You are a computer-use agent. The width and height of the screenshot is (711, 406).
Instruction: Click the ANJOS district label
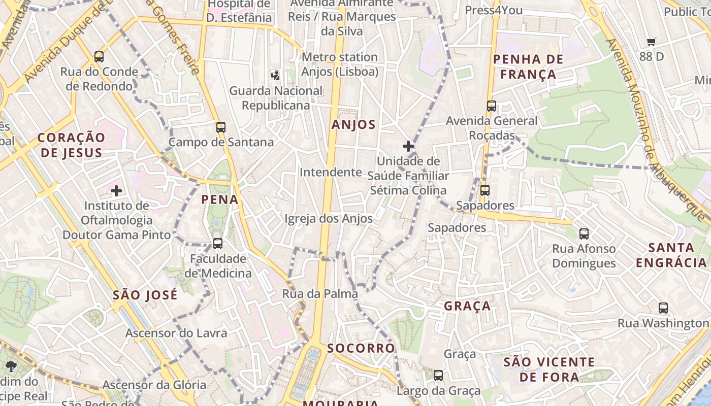pos(353,125)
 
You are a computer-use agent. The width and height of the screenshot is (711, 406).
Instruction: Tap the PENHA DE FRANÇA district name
pos(528,67)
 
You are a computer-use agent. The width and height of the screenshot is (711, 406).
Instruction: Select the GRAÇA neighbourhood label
pos(467,306)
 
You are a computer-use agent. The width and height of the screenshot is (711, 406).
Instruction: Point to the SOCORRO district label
pos(361,348)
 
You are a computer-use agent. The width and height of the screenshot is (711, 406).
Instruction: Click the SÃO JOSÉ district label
pos(145,295)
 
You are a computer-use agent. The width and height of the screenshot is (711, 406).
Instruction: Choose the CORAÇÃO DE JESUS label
pos(71,145)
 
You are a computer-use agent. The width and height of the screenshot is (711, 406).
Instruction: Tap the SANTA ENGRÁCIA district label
pos(671,255)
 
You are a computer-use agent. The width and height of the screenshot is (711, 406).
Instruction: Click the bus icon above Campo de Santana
pos(220,127)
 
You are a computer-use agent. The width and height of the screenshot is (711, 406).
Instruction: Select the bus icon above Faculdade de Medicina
pos(218,244)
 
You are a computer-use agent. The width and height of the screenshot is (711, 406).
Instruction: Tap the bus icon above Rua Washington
pos(663,308)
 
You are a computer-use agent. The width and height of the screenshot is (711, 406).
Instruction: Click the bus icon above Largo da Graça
pos(438,376)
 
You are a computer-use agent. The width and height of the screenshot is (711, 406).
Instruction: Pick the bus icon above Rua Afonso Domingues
pos(584,234)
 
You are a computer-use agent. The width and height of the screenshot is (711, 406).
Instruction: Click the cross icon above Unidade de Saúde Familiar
pos(408,147)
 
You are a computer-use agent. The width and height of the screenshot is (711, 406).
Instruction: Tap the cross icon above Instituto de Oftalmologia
pos(116,191)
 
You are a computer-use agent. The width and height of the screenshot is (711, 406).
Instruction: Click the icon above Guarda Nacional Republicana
pos(275,76)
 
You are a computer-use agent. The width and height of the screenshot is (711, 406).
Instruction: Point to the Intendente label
pos(331,173)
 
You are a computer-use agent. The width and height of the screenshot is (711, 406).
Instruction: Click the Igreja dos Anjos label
pos(329,219)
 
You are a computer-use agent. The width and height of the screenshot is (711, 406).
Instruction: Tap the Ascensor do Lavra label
pos(176,333)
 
